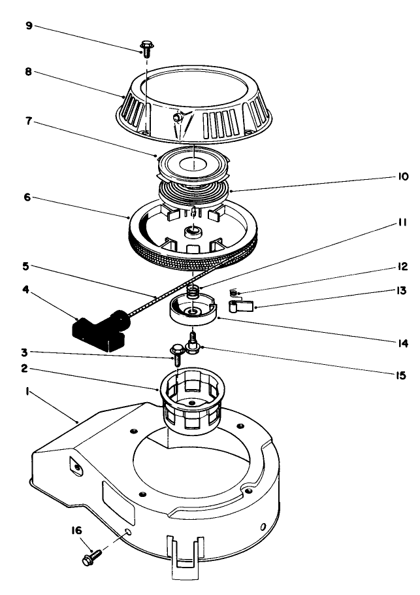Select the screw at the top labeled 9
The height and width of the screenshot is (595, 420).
[146, 48]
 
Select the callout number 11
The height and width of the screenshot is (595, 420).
[401, 222]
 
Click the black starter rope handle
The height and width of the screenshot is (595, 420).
[97, 329]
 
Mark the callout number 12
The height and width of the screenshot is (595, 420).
[401, 267]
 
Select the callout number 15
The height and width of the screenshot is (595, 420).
[401, 375]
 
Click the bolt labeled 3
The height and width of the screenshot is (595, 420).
[176, 353]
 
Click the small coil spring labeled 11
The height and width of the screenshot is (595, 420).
[193, 288]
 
